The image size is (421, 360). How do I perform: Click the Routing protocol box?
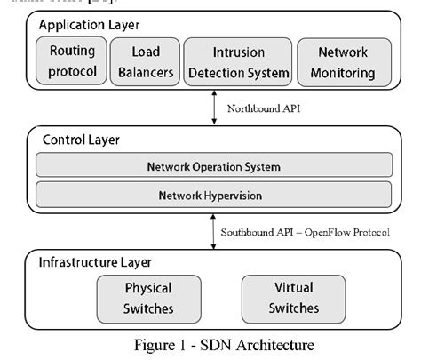(73, 61)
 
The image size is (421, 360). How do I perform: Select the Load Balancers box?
(147, 61)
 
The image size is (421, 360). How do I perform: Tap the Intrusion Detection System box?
(239, 61)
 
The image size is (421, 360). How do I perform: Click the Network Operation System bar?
(213, 166)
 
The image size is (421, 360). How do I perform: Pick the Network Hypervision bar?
(213, 195)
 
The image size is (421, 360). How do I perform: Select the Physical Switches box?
(148, 299)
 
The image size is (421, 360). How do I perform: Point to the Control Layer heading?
(81, 140)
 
